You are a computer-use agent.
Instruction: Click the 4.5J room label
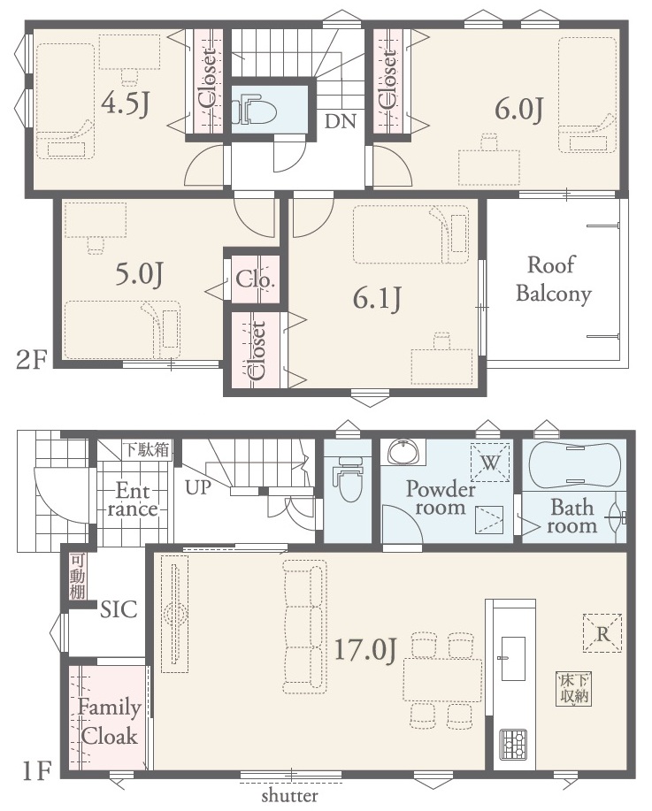[126, 105]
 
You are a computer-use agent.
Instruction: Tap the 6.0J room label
[519, 110]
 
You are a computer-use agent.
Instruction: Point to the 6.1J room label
[377, 298]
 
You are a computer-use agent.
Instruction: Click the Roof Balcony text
[554, 279]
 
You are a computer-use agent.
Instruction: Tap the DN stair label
[341, 121]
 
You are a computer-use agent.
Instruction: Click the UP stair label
[198, 487]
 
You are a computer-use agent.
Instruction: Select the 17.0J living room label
[365, 650]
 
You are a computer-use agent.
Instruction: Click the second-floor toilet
[254, 109]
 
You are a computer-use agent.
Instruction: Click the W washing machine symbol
[489, 463]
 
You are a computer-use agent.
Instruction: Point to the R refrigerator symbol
[602, 633]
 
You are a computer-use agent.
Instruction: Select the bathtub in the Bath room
[574, 465]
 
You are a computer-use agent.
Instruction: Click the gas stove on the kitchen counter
[513, 745]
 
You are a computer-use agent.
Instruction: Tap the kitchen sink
[513, 658]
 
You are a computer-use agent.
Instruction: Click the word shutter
[290, 795]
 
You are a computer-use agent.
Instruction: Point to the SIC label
[119, 609]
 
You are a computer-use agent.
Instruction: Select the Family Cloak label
[109, 722]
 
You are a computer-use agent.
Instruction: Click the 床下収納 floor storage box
[574, 689]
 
